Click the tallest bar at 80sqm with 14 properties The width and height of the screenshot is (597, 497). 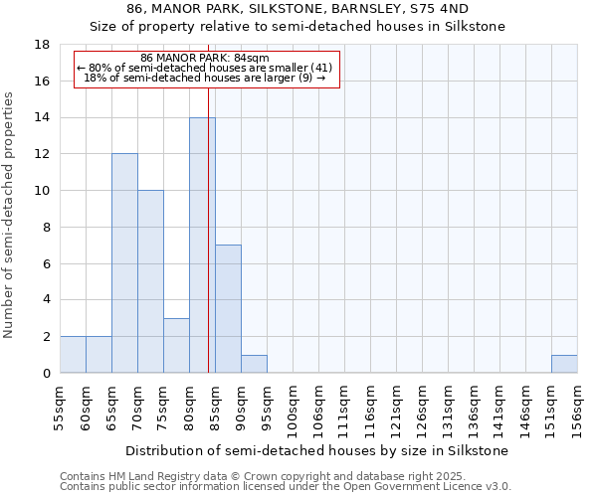pyautogui.click(x=202, y=246)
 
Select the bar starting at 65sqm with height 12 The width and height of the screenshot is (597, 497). pyautogui.click(x=124, y=263)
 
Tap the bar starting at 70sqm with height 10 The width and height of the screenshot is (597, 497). pyautogui.click(x=150, y=281)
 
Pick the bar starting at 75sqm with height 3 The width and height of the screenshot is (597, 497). pyautogui.click(x=176, y=345)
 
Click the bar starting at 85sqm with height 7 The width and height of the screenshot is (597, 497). pyautogui.click(x=228, y=309)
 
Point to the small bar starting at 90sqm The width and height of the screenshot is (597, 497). pyautogui.click(x=254, y=364)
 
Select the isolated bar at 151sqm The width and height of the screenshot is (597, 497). pyautogui.click(x=564, y=364)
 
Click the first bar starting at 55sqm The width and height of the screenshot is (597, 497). pyautogui.click(x=73, y=355)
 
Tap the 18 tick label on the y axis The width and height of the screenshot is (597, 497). pyautogui.click(x=42, y=45)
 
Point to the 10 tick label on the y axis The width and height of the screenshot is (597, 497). pyautogui.click(x=42, y=191)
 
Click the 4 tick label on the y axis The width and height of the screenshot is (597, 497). pyautogui.click(x=46, y=300)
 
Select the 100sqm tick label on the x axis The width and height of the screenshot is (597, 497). pyautogui.click(x=293, y=408)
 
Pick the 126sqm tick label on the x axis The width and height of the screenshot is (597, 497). pyautogui.click(x=422, y=408)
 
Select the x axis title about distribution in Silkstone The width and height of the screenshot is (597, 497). pyautogui.click(x=318, y=450)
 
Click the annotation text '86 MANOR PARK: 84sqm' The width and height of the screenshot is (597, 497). pyautogui.click(x=205, y=59)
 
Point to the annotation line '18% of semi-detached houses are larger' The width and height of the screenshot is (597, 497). pyautogui.click(x=205, y=78)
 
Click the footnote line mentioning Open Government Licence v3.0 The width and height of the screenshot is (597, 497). pyautogui.click(x=286, y=487)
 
